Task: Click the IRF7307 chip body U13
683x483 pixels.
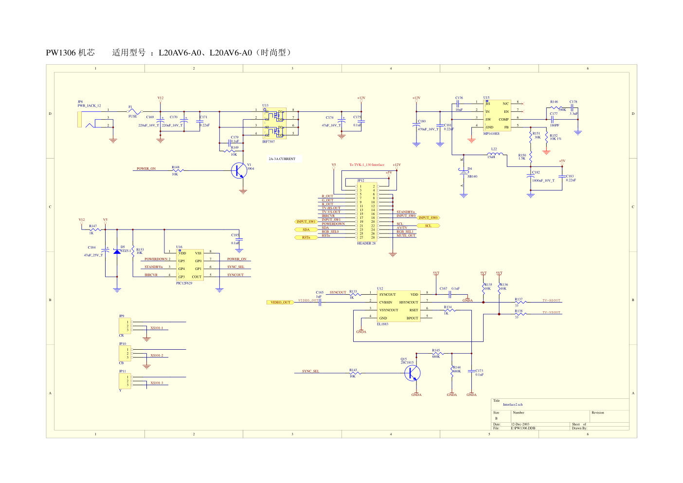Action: [274, 123]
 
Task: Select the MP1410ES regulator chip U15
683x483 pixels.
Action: [496, 115]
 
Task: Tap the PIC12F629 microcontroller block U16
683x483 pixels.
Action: [190, 265]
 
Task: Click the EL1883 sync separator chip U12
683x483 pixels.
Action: [398, 306]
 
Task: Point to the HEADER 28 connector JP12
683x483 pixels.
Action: [367, 212]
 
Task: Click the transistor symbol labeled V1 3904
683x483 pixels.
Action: [239, 170]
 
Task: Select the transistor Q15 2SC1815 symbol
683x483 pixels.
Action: [412, 373]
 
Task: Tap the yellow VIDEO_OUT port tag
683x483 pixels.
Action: [280, 303]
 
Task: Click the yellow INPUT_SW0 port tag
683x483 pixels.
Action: [429, 218]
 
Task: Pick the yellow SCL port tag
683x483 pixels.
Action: [428, 226]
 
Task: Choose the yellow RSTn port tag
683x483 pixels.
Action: [306, 237]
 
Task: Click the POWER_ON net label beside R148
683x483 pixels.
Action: [146, 169]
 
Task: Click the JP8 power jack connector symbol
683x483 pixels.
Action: [80, 119]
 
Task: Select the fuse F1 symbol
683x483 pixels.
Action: [133, 112]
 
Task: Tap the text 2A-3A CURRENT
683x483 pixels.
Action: [282, 159]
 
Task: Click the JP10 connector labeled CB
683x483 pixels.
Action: [125, 354]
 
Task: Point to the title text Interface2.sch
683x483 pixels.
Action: [513, 405]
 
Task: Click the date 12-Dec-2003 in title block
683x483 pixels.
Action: [520, 425]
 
